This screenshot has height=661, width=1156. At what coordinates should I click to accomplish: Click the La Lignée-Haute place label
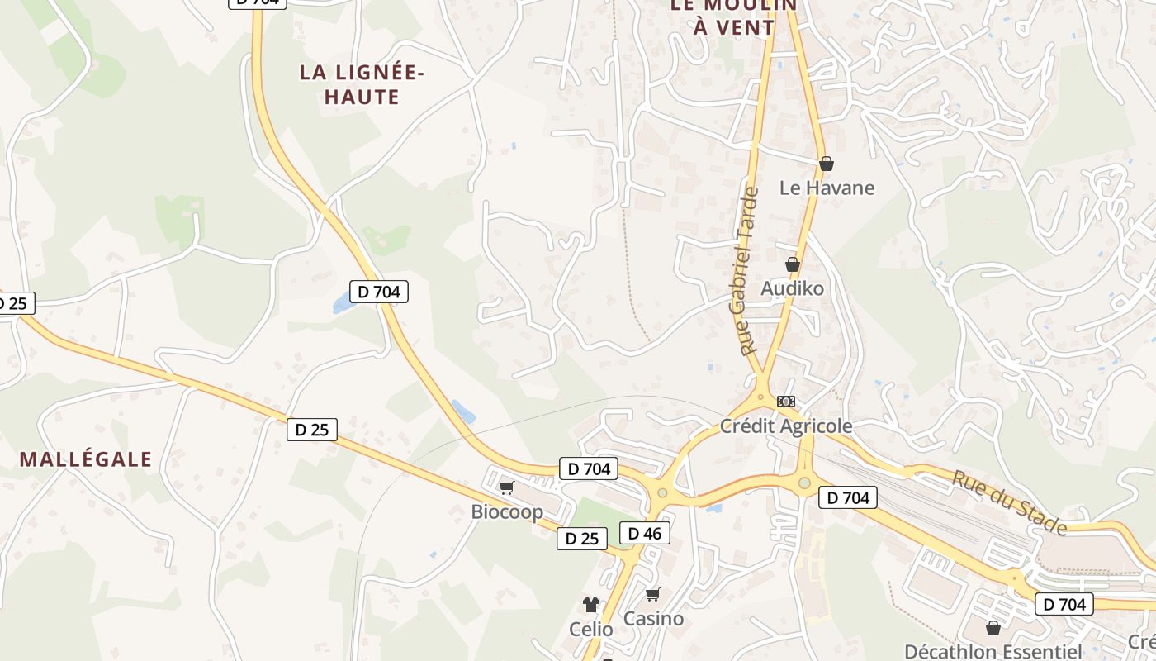(x=362, y=84)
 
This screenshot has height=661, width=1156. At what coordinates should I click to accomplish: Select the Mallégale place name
(x=86, y=459)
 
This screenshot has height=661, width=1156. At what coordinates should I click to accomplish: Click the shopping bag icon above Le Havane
(x=827, y=164)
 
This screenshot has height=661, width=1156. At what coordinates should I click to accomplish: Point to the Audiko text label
(x=792, y=288)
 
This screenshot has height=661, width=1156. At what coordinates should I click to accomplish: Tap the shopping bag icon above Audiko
(x=793, y=264)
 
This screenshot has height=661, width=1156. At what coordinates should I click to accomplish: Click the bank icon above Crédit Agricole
(x=786, y=402)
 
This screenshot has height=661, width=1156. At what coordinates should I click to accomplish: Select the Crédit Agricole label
(x=785, y=426)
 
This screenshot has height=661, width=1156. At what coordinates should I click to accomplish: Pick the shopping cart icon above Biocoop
(x=506, y=487)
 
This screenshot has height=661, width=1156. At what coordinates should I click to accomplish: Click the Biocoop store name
(x=507, y=512)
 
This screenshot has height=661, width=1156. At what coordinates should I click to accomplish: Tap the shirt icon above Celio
(x=590, y=605)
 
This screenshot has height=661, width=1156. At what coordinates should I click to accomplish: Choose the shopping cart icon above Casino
(x=653, y=594)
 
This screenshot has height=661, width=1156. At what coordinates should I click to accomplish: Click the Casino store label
(x=653, y=618)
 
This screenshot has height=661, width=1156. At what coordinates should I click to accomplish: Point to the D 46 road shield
(x=644, y=533)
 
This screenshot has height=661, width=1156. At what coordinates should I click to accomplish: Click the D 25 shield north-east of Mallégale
(x=312, y=430)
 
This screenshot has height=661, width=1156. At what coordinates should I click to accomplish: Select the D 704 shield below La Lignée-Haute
(x=379, y=292)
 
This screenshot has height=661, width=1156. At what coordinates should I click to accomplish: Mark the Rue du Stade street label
(x=1009, y=502)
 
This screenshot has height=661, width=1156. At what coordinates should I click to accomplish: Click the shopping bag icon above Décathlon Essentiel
(x=993, y=628)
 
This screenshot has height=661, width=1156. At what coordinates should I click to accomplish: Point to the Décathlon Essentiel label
(x=993, y=651)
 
